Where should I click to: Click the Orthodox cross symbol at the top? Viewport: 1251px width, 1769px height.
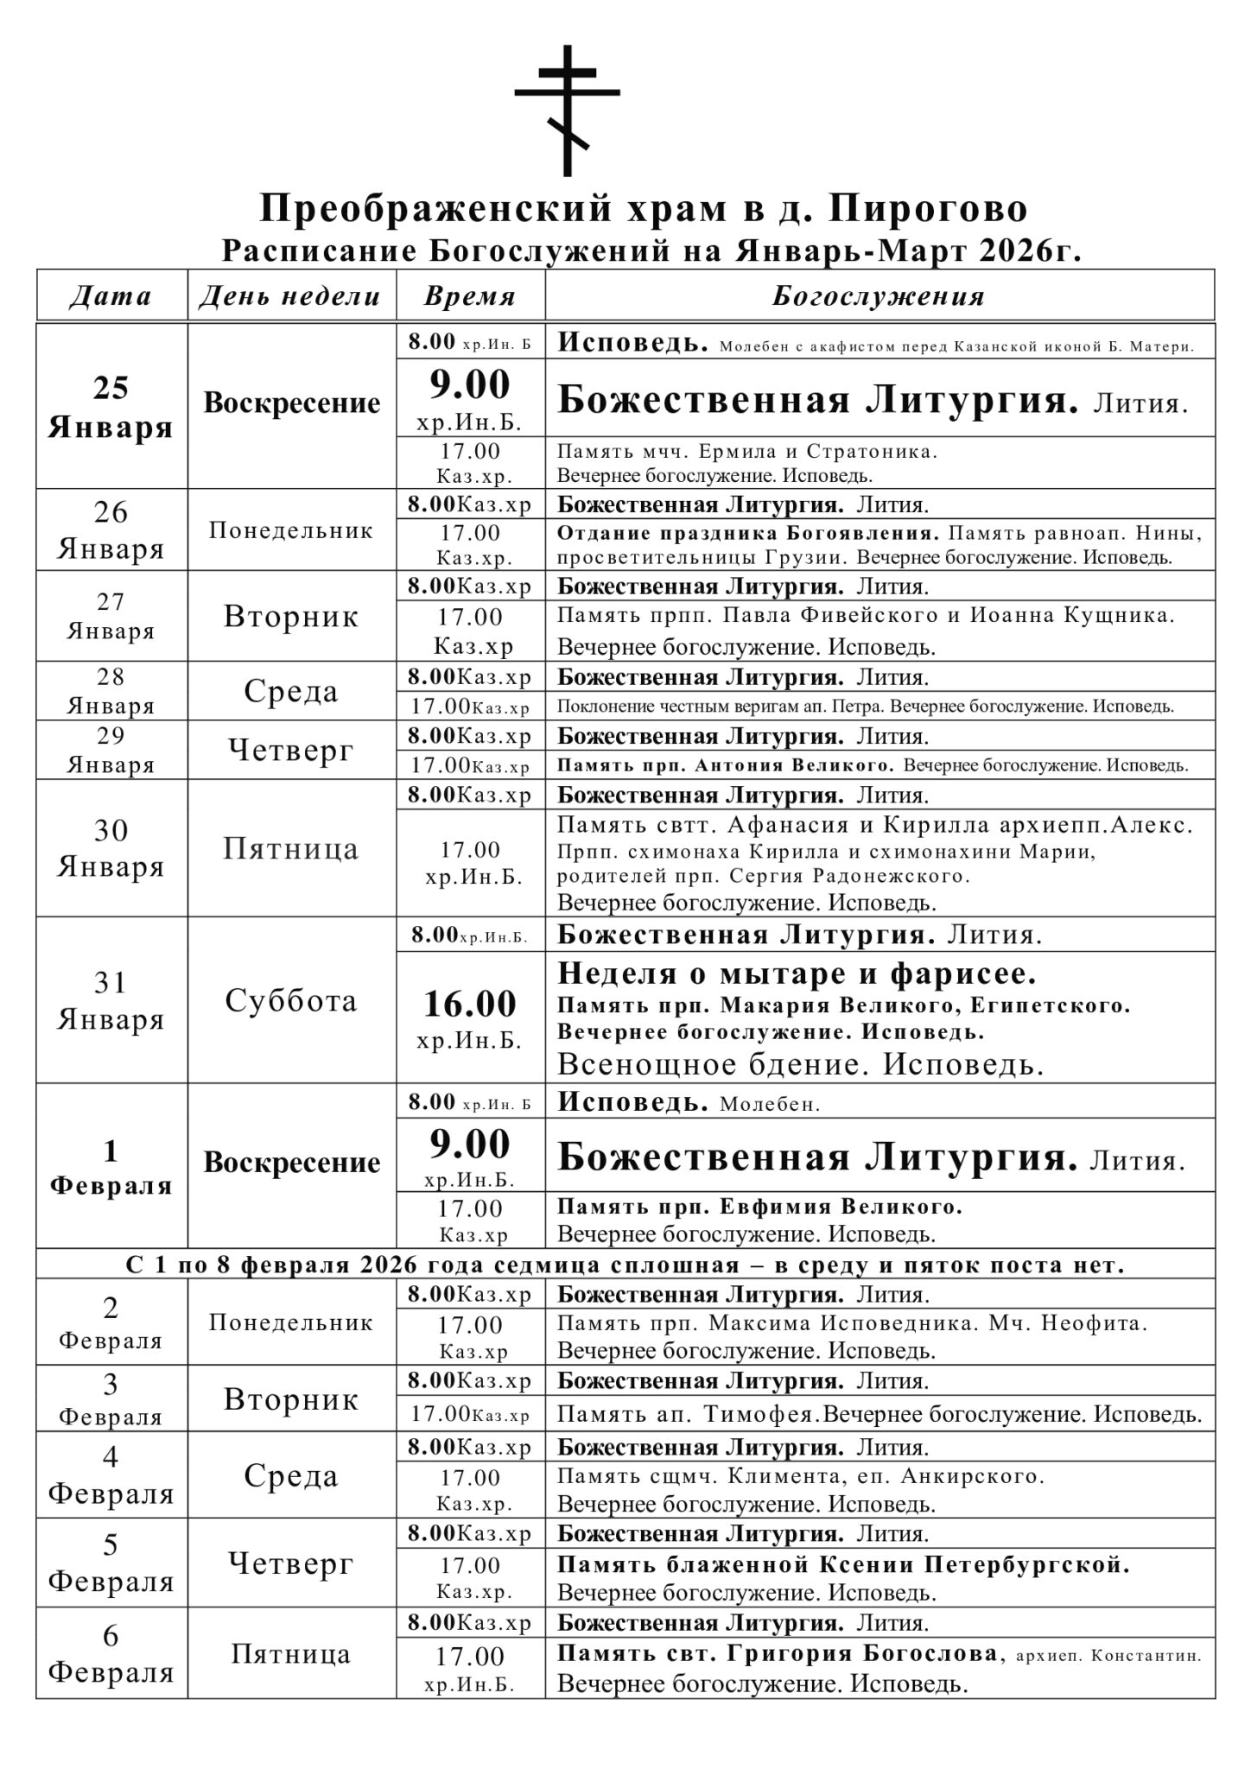[x=567, y=111]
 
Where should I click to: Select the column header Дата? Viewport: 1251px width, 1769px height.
[x=111, y=296]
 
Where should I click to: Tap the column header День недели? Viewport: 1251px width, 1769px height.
[x=290, y=296]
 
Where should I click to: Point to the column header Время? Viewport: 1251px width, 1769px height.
[x=470, y=296]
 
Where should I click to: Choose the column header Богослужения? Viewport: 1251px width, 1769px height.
[x=878, y=296]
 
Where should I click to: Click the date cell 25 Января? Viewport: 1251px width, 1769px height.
[x=111, y=407]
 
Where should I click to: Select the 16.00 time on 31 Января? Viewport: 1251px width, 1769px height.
[x=470, y=1004]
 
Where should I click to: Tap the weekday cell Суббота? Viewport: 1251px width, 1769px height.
[x=290, y=1000]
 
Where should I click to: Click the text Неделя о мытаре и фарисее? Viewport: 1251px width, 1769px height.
[x=797, y=974]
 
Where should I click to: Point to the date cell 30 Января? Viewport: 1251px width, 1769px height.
[x=111, y=848]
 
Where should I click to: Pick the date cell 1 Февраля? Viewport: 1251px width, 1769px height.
[x=111, y=1167]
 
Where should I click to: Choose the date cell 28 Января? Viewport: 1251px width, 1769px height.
[x=111, y=691]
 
